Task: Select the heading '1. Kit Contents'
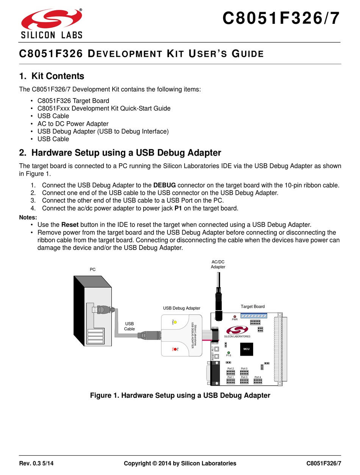tap(52, 76)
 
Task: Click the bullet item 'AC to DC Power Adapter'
tap(73, 124)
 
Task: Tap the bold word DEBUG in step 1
tap(164, 185)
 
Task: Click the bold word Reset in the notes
tap(70, 225)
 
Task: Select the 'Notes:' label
tap(28, 217)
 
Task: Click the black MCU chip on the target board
tap(246, 349)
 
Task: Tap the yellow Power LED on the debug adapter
tap(175, 322)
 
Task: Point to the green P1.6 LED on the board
tap(229, 353)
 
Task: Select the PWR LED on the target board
tap(235, 316)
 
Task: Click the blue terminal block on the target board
tap(254, 316)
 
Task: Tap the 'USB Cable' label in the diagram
tap(130, 326)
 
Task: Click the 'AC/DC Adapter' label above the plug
tap(218, 264)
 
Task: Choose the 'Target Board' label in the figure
tap(252, 306)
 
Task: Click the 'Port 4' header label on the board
tap(258, 377)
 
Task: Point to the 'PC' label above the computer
tap(92, 269)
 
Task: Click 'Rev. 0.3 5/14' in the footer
tap(39, 463)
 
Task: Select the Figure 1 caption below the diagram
tap(180, 395)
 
